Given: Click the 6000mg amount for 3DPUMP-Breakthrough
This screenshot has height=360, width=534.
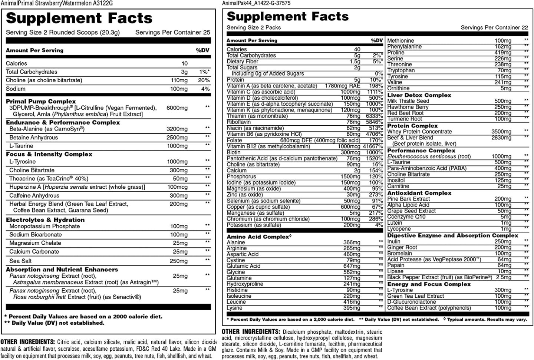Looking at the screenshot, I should point(177,108).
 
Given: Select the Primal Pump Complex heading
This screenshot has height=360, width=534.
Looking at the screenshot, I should point(41,101).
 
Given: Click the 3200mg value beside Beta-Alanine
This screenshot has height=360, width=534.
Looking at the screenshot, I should point(177,129).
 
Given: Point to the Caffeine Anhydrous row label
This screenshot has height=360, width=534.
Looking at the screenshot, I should point(34,195).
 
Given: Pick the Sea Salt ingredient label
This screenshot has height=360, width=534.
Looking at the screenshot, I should point(20,261).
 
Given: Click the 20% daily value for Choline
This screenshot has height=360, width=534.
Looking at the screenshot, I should point(204,80).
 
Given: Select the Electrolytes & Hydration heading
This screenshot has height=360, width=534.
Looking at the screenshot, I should point(45,219).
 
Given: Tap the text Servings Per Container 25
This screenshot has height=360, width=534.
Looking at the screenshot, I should point(172,32).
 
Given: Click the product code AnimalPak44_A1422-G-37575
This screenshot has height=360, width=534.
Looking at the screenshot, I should point(256,3).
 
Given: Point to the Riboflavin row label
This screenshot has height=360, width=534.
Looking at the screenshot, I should point(239,122).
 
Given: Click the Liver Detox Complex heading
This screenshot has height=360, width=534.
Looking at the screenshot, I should point(414,95).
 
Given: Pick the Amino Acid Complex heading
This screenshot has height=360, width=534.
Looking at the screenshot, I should point(257,237).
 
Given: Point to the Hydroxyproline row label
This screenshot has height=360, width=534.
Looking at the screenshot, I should point(245,284).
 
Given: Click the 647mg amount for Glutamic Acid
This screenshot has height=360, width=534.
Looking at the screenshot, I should point(352,266).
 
